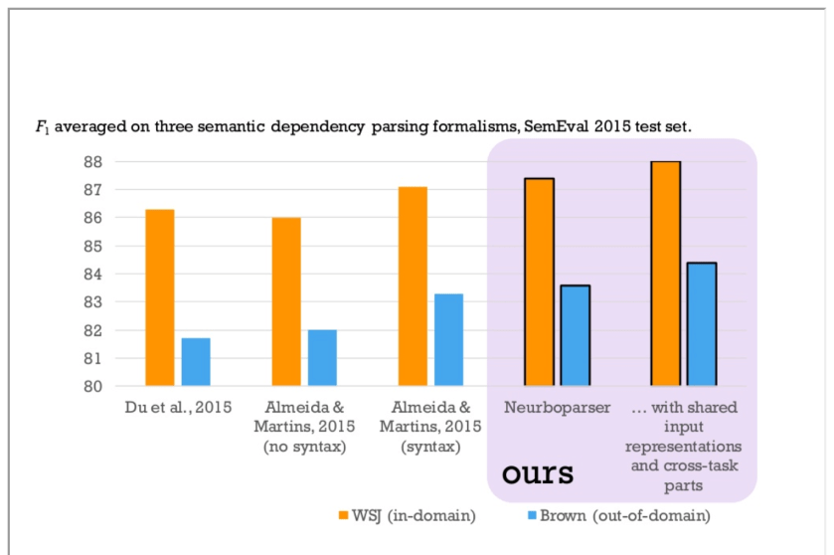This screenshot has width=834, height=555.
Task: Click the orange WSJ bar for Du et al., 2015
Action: point(159,297)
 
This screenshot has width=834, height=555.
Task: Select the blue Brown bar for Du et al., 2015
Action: point(195,362)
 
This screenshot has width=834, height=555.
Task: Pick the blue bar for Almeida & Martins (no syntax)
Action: point(322,358)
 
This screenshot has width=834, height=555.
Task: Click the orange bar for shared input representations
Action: point(665,274)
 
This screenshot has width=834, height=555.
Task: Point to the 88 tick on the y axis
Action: point(103,161)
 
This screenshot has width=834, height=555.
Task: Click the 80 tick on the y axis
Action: point(103,386)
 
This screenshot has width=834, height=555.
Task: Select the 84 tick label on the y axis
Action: point(103,274)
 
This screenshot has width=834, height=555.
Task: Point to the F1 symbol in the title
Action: point(41,128)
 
